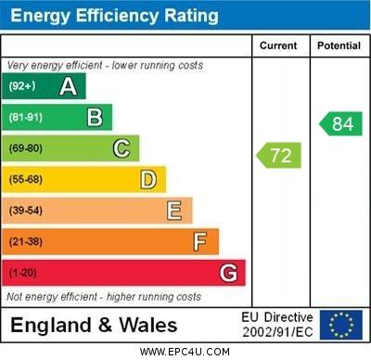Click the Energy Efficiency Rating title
point(114,16)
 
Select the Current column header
point(278,45)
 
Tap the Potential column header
point(339,45)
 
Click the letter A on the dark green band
point(68,86)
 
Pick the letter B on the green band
point(95,117)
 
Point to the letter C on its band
point(122,148)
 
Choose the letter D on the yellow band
point(148,179)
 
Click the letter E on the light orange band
point(174,211)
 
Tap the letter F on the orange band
point(200,242)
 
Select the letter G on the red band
point(228,273)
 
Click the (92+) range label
point(22,86)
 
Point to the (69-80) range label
point(26,148)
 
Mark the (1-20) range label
point(23,274)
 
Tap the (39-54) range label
point(26,211)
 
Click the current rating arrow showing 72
point(279,155)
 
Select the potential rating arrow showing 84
point(340,123)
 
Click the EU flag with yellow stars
point(340,325)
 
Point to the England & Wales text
point(94,326)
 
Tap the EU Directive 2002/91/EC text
point(277,325)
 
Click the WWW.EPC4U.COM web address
point(185,353)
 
